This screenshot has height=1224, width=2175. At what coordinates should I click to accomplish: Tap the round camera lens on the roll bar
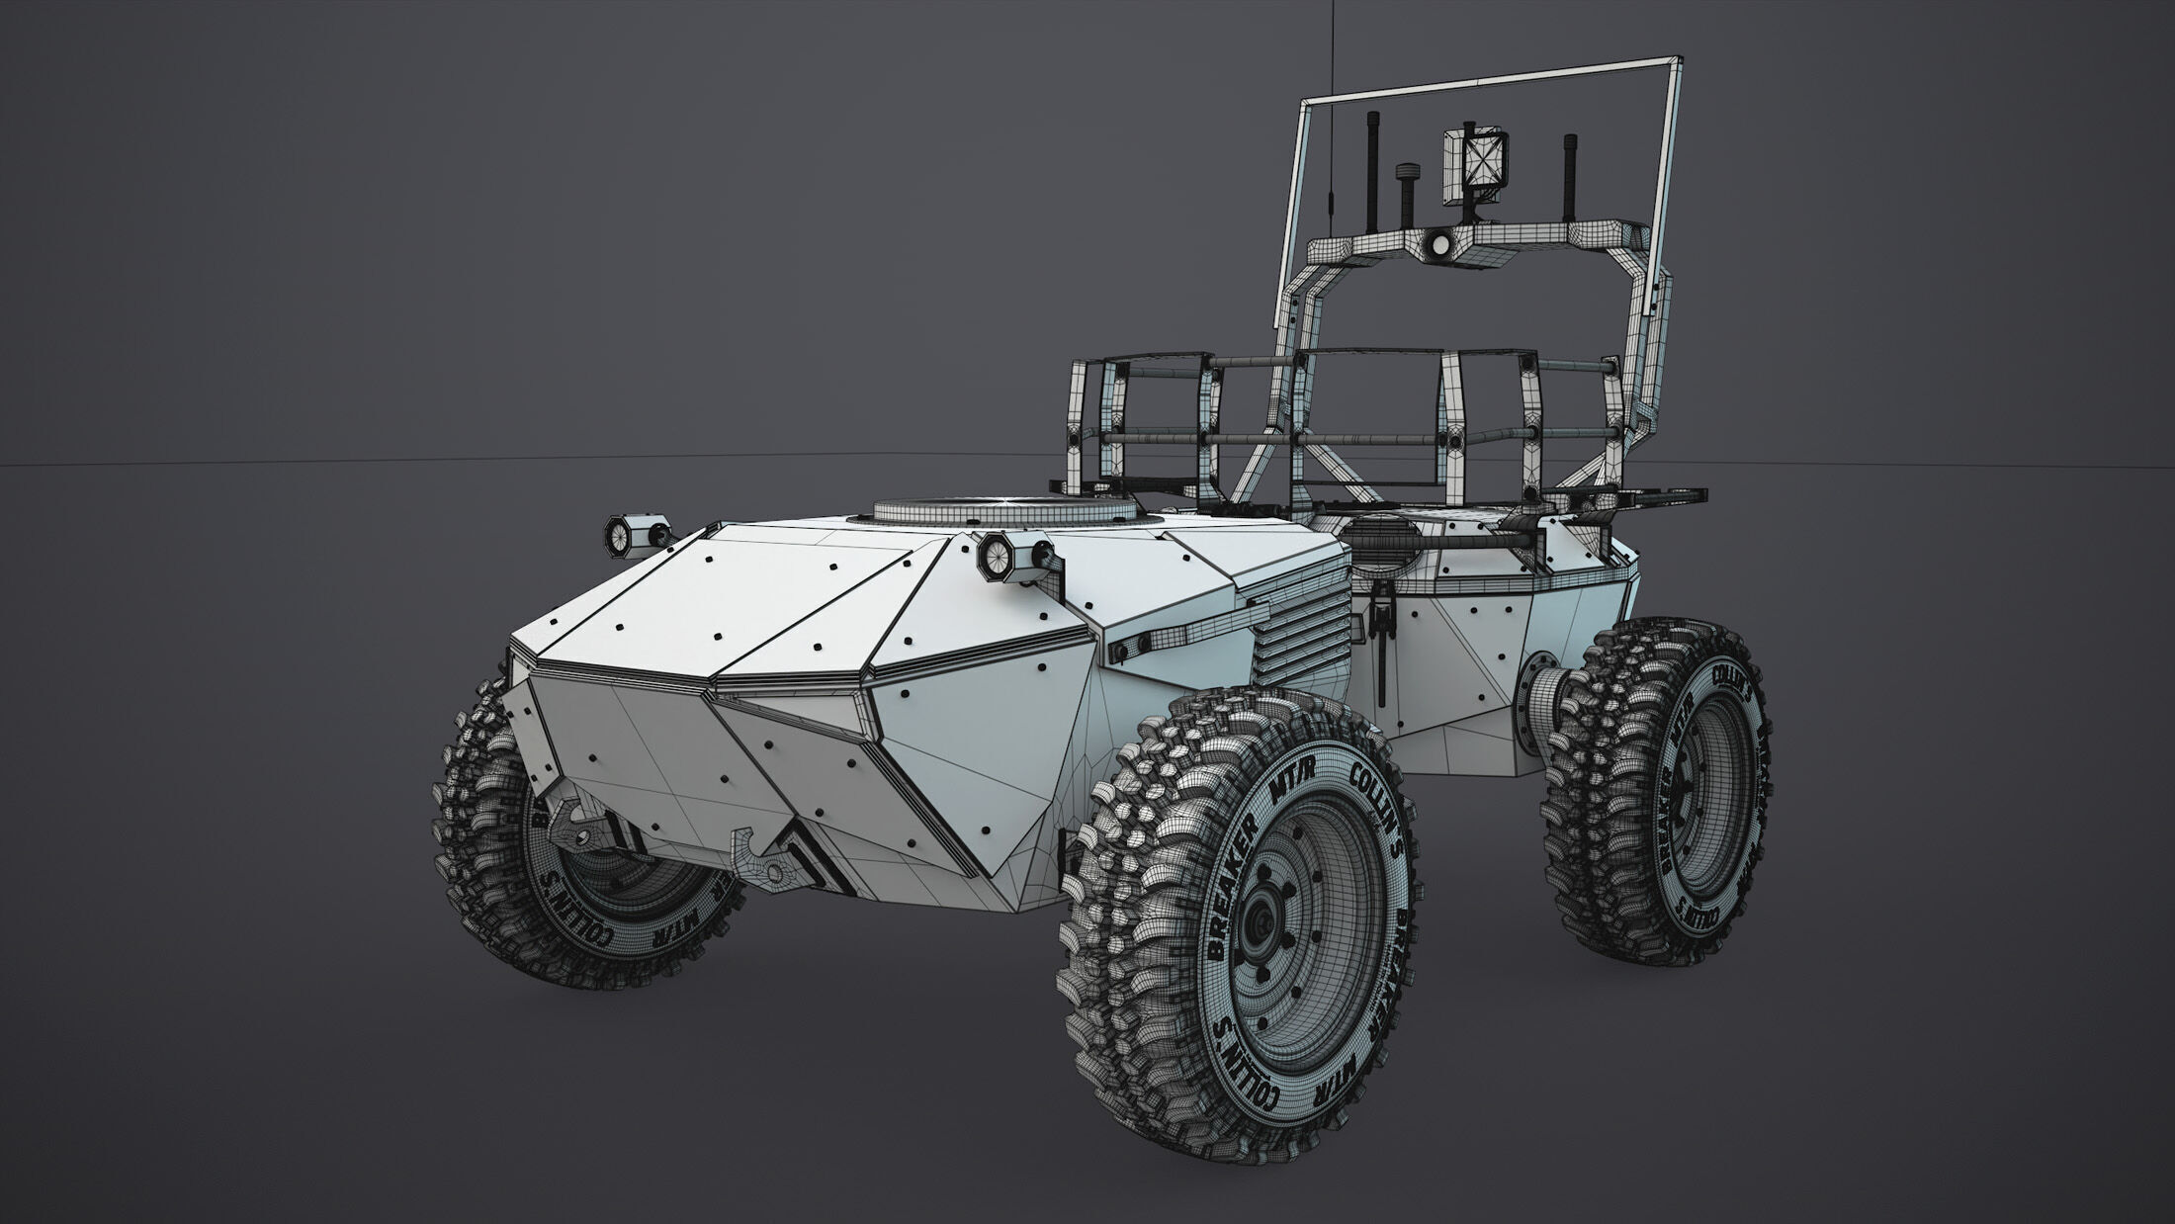tap(1439, 243)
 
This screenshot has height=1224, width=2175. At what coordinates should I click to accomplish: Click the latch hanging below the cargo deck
tap(1379, 626)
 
